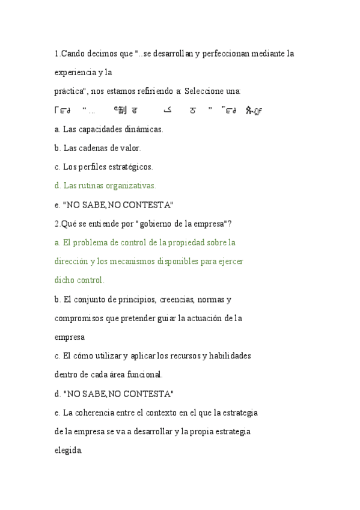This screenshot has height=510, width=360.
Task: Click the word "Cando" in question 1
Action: [74, 54]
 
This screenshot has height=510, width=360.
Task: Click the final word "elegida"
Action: [68, 450]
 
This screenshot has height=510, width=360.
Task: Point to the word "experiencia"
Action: [75, 73]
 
